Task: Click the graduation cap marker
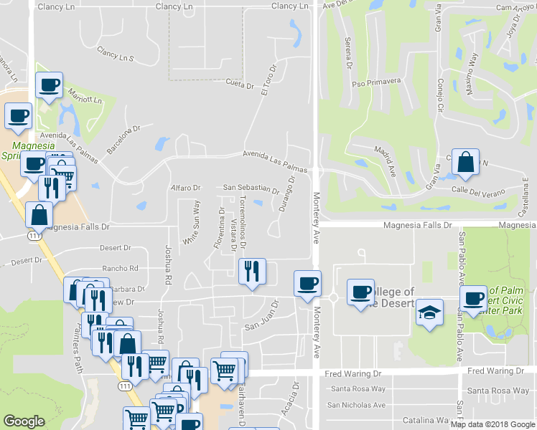(x=429, y=312)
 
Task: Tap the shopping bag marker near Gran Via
(x=466, y=162)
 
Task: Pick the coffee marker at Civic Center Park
(x=473, y=298)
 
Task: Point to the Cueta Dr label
(x=240, y=85)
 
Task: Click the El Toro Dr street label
(x=268, y=80)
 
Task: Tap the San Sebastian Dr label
(x=251, y=188)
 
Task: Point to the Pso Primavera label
(x=375, y=82)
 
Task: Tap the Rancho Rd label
(x=120, y=268)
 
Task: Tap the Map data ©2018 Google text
(x=492, y=424)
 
